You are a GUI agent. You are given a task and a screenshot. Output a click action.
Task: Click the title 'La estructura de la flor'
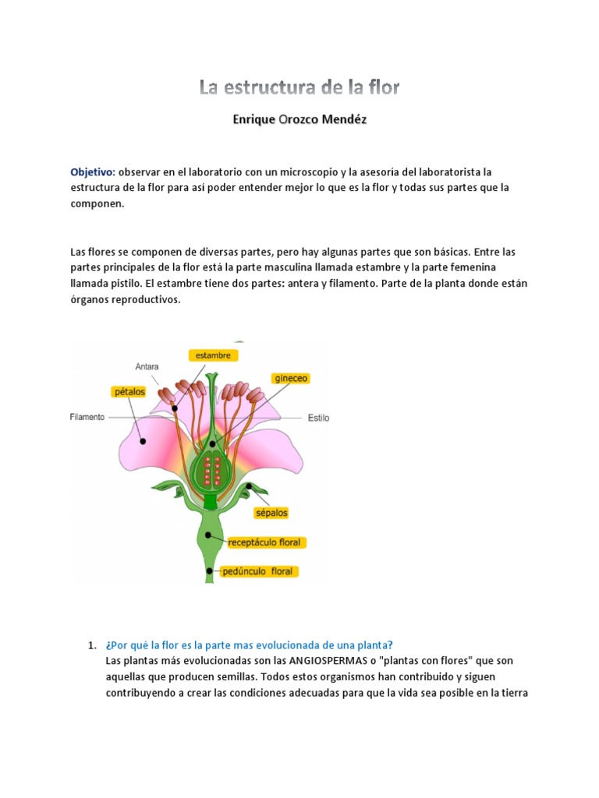pos(299,87)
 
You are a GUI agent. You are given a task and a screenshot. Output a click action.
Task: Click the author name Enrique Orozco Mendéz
pos(299,121)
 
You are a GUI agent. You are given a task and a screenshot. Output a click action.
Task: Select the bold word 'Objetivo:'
pos(93,171)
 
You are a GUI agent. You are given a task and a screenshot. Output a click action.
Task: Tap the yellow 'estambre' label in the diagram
pos(213,355)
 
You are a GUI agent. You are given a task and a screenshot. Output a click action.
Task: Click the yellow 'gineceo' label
pos(292,378)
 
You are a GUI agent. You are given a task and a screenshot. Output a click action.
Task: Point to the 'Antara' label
pos(147,366)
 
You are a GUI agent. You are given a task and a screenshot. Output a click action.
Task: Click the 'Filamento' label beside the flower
pos(87,418)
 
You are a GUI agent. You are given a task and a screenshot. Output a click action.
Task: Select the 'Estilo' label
pos(318,418)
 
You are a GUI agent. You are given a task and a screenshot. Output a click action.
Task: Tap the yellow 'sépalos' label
pos(271,513)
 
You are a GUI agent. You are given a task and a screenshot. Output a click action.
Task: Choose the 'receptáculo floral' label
pos(268,542)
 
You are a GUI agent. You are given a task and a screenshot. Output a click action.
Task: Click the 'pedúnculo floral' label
pos(258,571)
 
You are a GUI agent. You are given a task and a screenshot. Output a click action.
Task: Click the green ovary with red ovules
pos(211,464)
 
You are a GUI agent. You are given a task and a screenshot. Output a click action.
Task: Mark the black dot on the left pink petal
pos(143,440)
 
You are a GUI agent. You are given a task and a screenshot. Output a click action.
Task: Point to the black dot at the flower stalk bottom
pos(210,571)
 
